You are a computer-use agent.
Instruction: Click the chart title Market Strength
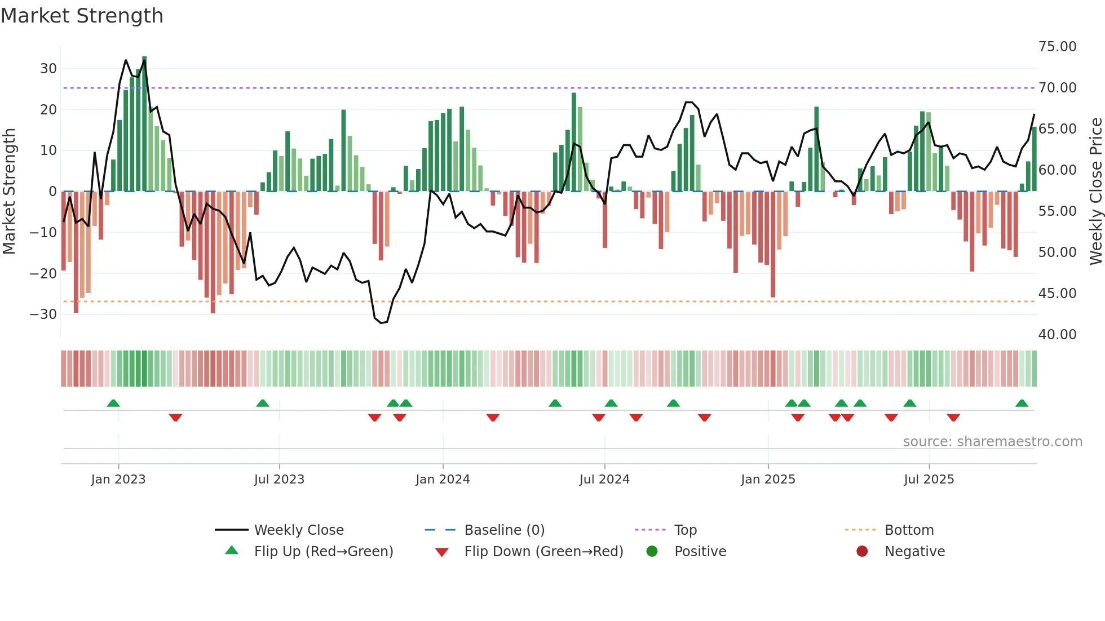[x=82, y=16]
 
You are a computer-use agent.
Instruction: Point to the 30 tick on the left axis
[x=48, y=69]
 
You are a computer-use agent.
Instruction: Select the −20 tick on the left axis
[x=43, y=274]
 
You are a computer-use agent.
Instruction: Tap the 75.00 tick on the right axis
[x=1057, y=47]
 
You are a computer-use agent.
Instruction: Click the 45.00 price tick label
[x=1057, y=294]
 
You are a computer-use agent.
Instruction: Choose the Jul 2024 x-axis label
[x=604, y=480]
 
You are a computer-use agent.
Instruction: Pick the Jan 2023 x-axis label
[x=118, y=480]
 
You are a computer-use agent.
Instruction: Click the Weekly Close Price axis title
[x=1095, y=192]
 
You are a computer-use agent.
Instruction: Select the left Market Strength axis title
[x=9, y=192]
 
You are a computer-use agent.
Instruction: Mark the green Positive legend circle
[x=652, y=552]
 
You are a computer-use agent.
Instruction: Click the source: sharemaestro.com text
[x=992, y=442]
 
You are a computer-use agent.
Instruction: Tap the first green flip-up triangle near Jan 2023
[x=113, y=403]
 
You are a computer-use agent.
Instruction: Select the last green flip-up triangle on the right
[x=1022, y=403]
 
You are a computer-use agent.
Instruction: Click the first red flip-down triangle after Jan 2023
[x=175, y=418]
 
